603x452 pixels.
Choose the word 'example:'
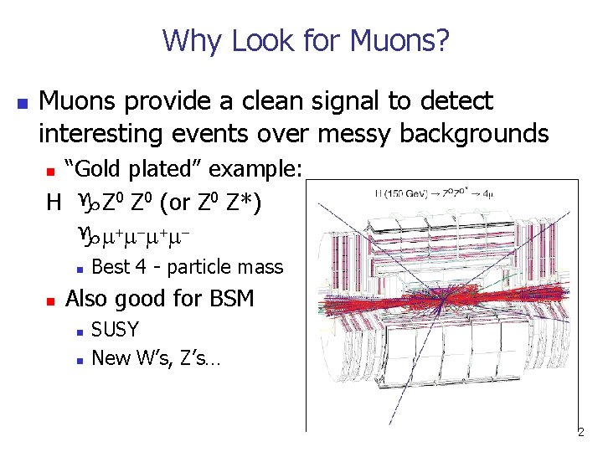(x=255, y=170)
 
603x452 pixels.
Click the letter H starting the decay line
(x=53, y=203)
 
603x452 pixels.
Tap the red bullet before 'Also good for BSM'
(x=50, y=300)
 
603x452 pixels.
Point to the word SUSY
(x=115, y=330)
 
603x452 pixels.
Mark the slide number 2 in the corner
(x=580, y=433)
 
